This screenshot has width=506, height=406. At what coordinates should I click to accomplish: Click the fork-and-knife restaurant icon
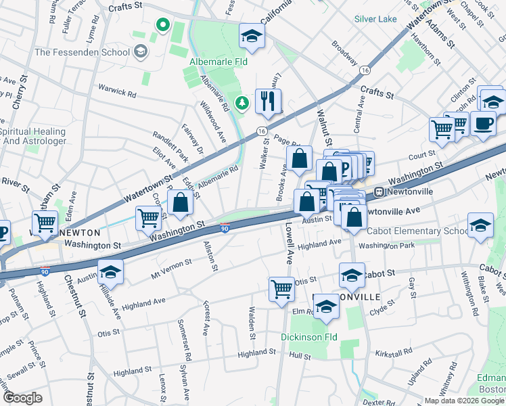[x=269, y=101]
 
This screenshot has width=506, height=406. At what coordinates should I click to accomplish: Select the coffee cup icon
[x=483, y=124]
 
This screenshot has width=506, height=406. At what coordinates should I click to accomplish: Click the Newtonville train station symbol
[x=379, y=191]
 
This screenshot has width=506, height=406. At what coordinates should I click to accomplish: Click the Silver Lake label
[x=375, y=19]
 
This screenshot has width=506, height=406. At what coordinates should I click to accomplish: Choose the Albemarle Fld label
[x=216, y=62]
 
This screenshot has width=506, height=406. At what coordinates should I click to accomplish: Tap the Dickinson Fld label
[x=309, y=337]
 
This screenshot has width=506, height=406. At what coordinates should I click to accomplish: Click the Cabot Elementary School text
[x=417, y=230]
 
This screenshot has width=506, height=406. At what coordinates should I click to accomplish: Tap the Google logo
[x=22, y=397]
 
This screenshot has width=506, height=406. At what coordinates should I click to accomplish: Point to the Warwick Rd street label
[x=116, y=88]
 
